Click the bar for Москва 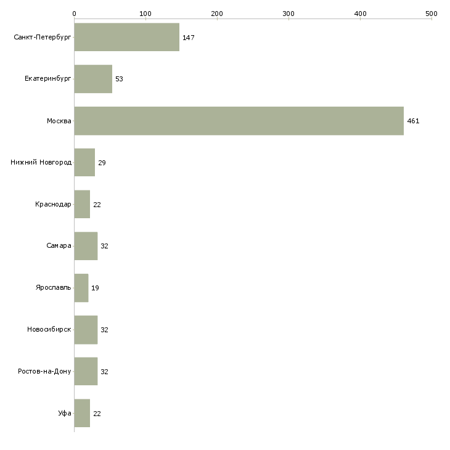(239, 121)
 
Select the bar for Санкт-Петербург (126, 38)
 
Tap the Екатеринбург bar (93, 79)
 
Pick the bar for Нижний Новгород (84, 163)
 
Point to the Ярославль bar (81, 288)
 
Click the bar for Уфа (82, 413)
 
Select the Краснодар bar (82, 204)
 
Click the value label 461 (413, 121)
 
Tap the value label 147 (188, 38)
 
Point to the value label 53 (119, 80)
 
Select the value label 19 (96, 288)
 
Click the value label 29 (102, 163)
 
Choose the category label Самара (59, 246)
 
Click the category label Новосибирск (49, 330)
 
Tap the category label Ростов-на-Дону (44, 372)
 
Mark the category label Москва (59, 121)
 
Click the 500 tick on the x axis (431, 13)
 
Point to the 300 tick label (288, 13)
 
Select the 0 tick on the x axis (74, 13)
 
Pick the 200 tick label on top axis (217, 13)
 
